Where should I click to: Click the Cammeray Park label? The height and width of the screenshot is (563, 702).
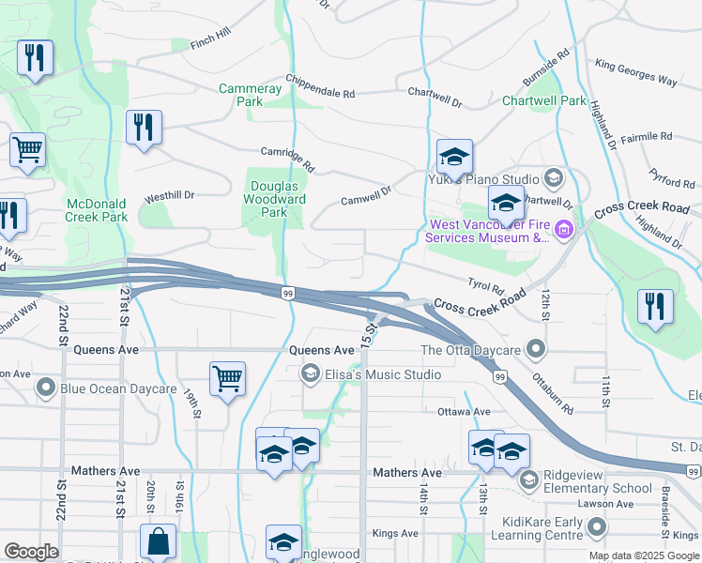[250, 95]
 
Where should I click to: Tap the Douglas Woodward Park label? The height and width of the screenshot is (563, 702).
[274, 199]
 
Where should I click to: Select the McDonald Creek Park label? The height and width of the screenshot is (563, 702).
[97, 210]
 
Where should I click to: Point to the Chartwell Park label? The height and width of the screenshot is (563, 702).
[543, 100]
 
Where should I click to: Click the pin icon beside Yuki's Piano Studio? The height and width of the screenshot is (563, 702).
[554, 178]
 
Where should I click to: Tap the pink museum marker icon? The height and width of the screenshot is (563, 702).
[563, 230]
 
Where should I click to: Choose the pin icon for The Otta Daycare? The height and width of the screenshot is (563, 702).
[536, 350]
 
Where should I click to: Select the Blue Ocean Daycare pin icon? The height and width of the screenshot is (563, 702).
[45, 388]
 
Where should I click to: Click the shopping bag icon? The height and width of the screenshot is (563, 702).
[158, 541]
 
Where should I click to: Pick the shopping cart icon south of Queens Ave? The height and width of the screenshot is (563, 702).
[227, 380]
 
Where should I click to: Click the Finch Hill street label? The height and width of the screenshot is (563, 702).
[209, 38]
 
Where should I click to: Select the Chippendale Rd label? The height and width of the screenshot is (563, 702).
[320, 87]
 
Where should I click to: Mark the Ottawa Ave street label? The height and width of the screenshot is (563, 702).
[464, 412]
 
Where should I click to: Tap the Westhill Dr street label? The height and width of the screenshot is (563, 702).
[169, 197]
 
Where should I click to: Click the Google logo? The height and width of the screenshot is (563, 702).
[31, 552]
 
